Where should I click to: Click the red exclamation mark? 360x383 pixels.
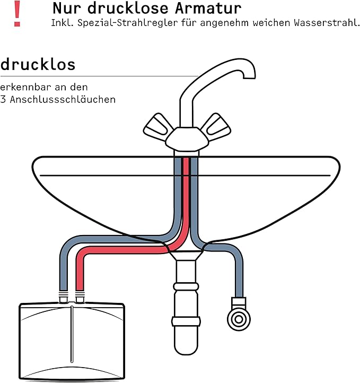click(17, 13)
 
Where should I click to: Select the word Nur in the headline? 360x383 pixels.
click(65, 8)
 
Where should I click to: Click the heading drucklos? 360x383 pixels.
click(38, 65)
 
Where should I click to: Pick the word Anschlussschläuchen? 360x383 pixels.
click(66, 99)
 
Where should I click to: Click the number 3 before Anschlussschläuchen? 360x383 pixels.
click(3, 99)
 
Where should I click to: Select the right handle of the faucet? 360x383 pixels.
click(216, 125)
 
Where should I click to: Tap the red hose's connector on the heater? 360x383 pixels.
click(80, 298)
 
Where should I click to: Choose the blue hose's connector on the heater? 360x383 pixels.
click(63, 298)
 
